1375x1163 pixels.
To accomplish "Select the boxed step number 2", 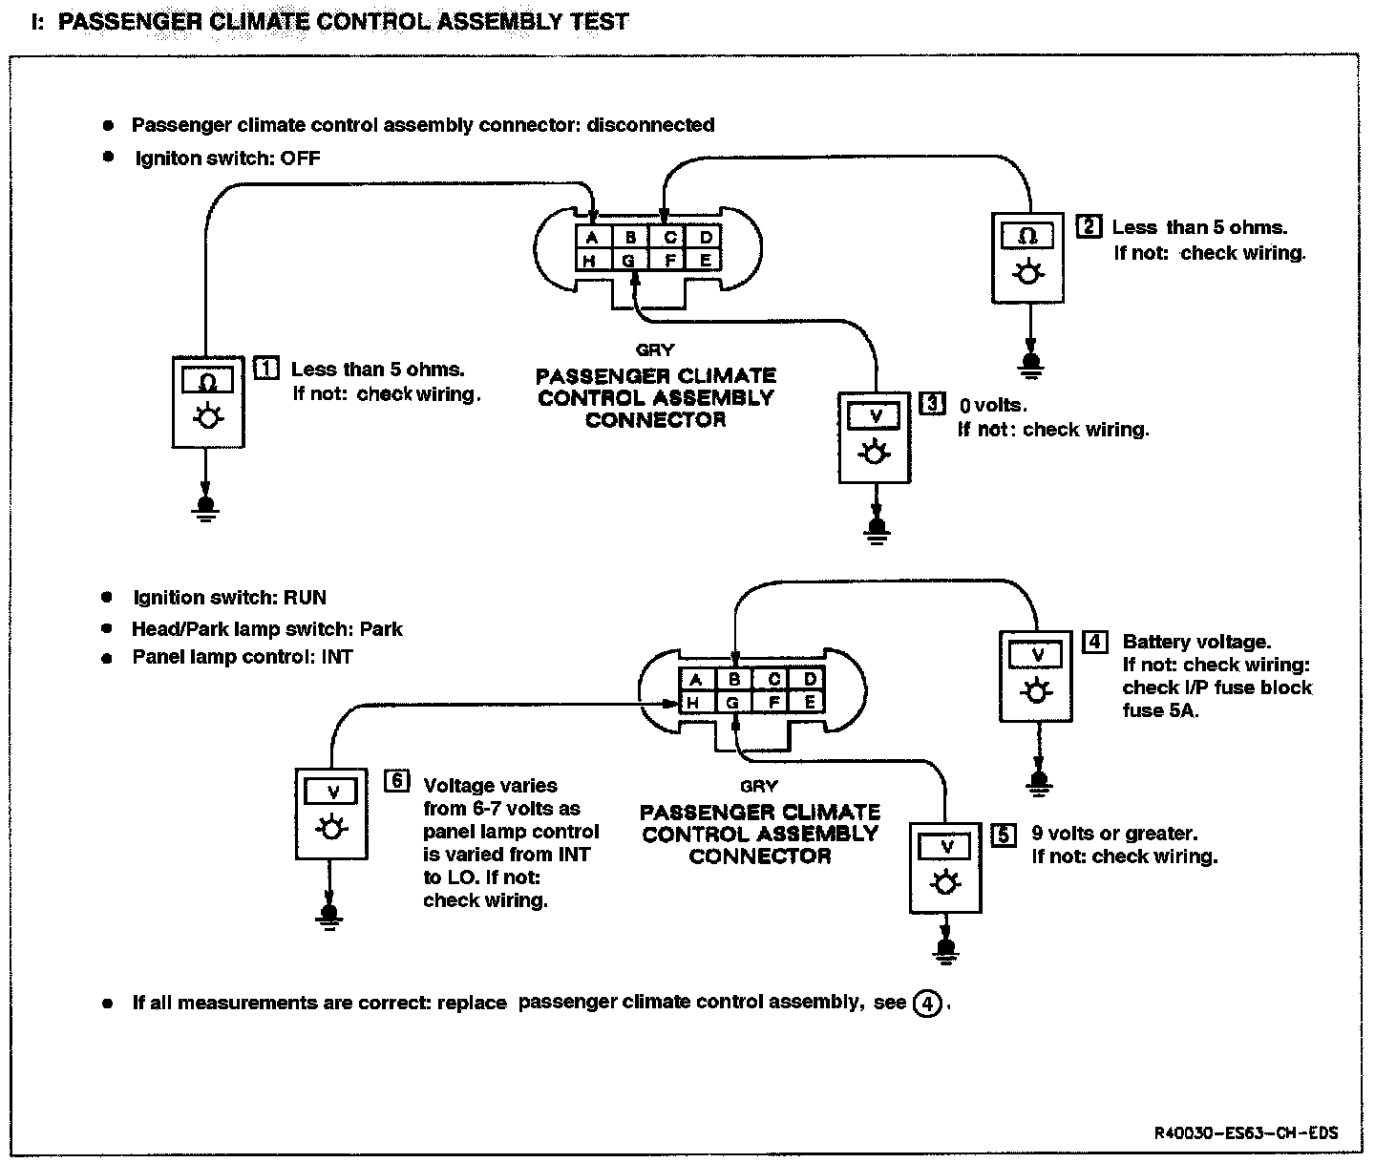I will pos(1089,226).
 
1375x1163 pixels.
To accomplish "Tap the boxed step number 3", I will pos(930,404).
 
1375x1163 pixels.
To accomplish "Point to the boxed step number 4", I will pos(1094,641).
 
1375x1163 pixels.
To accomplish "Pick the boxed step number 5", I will pos(1003,835).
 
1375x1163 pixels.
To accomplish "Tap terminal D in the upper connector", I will pos(705,237).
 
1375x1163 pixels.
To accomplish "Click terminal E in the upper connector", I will pos(705,260).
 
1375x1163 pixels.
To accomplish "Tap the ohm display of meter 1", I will pos(208,381).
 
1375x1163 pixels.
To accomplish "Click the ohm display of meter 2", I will pos(1027,235).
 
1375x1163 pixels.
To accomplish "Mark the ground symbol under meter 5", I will pos(946,950).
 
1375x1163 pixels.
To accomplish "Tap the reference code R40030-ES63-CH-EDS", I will pos(1245,1133).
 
